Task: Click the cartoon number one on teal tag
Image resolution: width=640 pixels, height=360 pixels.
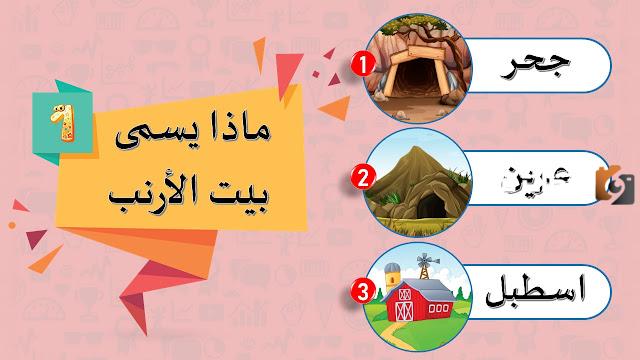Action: (x=59, y=118)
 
